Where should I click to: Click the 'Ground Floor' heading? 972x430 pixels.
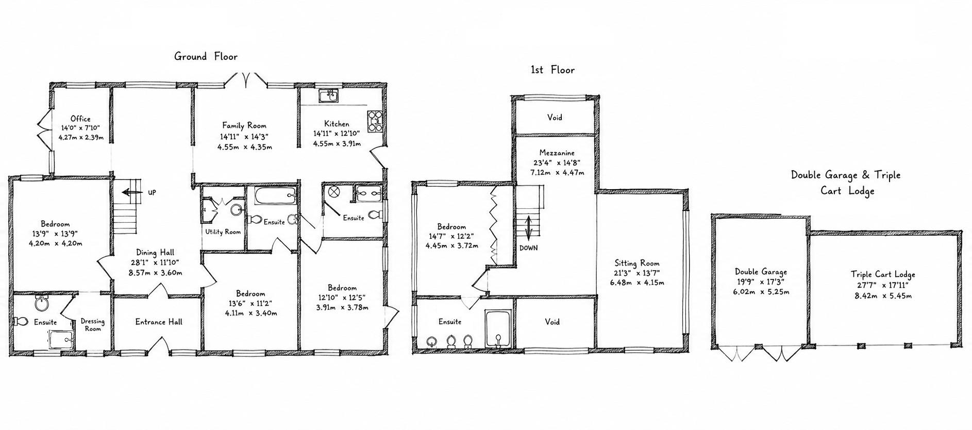click(x=206, y=56)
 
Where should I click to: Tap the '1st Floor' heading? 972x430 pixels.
click(x=552, y=70)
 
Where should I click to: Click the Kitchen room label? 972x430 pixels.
click(x=337, y=124)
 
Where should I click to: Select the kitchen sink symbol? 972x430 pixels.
click(x=328, y=96)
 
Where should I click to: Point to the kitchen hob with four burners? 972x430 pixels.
click(x=374, y=121)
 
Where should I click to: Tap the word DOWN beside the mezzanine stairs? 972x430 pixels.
click(x=529, y=248)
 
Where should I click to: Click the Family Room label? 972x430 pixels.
click(x=244, y=125)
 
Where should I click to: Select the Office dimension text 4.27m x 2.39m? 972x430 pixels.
click(x=81, y=138)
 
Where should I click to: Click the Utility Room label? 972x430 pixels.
click(x=223, y=232)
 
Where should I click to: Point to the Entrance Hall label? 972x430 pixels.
click(x=159, y=322)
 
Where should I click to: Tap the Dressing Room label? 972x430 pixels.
click(x=93, y=325)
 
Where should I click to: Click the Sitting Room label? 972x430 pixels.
click(x=637, y=263)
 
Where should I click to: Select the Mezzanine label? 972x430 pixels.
click(x=557, y=153)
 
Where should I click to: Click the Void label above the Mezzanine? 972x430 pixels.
click(x=555, y=118)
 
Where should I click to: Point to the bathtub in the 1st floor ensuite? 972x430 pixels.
click(x=498, y=329)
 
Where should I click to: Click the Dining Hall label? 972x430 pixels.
click(x=155, y=253)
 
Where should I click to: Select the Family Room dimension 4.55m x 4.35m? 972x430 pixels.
click(x=245, y=147)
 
